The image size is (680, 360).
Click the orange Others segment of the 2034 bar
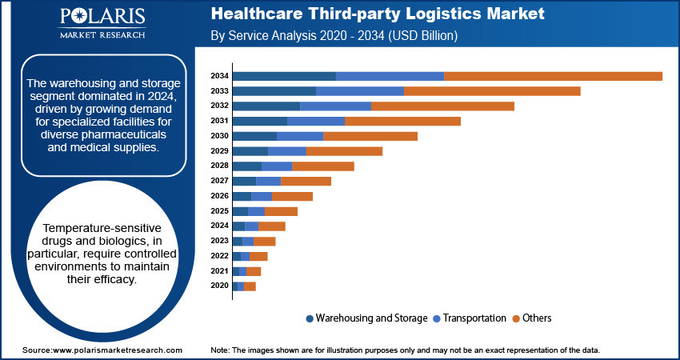(553, 76)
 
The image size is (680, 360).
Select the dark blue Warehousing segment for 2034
(284, 76)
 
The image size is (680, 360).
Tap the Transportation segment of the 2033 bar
(360, 91)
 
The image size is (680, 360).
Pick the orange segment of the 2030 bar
(370, 136)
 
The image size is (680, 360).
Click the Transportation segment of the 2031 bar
(316, 121)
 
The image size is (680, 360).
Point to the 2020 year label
(220, 286)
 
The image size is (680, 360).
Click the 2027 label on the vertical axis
(220, 181)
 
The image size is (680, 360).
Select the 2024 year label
(220, 226)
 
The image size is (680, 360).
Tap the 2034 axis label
(220, 76)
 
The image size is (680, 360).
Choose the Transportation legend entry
(469, 318)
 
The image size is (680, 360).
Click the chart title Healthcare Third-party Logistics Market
(378, 14)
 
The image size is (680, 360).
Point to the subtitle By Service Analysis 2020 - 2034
(344, 36)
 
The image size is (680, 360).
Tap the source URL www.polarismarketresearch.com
(117, 350)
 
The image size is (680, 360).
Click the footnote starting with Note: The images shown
(405, 350)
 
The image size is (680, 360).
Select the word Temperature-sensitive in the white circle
(102, 228)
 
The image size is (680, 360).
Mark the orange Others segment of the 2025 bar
(281, 211)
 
